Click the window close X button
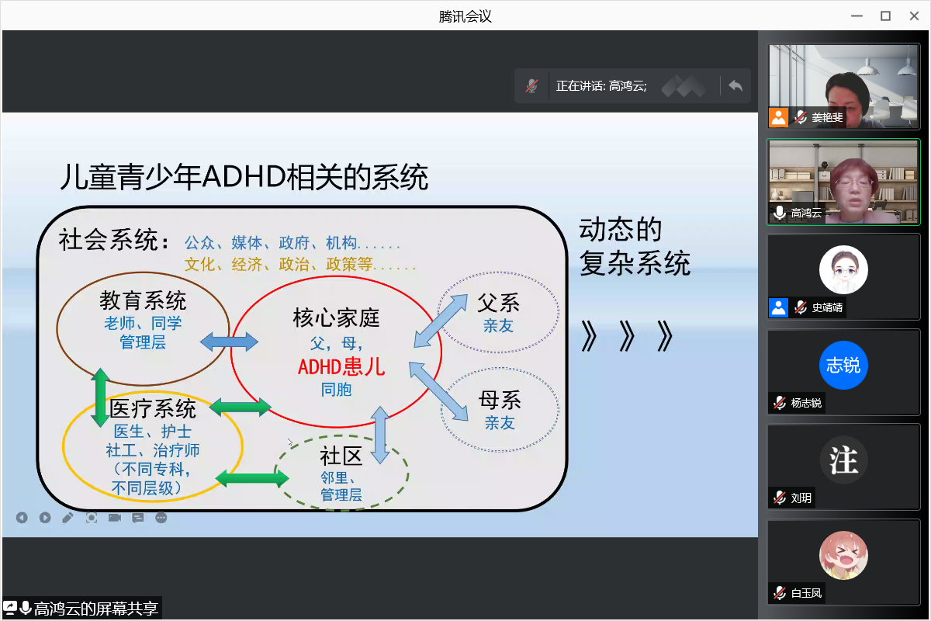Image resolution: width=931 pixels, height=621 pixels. click(x=914, y=16)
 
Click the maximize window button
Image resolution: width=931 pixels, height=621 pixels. click(x=885, y=16)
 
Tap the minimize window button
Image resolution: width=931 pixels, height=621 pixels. click(x=857, y=16)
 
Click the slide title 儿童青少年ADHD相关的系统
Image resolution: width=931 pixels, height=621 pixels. click(x=244, y=177)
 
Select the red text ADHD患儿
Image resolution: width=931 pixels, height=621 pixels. click(x=341, y=367)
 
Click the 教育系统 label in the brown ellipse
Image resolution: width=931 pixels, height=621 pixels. click(x=143, y=300)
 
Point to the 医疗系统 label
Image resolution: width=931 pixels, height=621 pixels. click(x=153, y=408)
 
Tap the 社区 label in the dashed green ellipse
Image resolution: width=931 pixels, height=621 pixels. click(x=341, y=456)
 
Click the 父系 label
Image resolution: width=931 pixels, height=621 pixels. click(x=498, y=303)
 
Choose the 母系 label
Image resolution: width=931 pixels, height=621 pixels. click(x=500, y=400)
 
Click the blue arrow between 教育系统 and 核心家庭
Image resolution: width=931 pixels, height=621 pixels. click(x=229, y=342)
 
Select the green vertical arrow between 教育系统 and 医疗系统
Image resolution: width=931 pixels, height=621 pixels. click(x=100, y=397)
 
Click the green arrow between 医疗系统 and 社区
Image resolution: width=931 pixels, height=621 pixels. click(x=252, y=478)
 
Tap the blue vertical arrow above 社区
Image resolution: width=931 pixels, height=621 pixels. click(x=380, y=435)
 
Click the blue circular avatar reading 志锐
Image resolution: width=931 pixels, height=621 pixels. click(x=843, y=365)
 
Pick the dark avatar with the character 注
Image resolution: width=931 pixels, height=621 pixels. click(x=843, y=460)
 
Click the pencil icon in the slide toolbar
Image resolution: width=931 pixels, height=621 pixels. click(x=68, y=518)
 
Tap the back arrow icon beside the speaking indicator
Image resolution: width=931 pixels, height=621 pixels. click(x=735, y=85)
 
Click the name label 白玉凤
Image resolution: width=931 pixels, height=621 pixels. click(x=806, y=593)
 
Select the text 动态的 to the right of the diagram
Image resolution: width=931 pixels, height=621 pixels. click(x=620, y=229)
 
